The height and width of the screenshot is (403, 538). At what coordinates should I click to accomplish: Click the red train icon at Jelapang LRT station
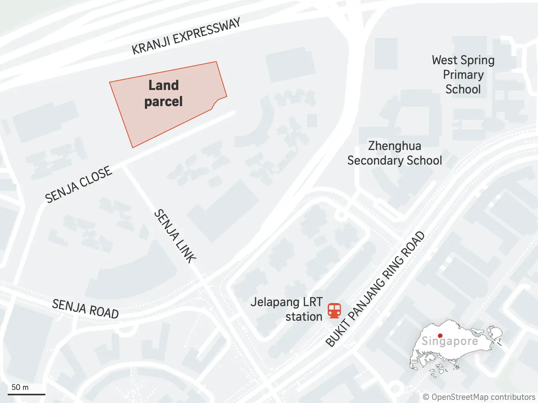pyautogui.click(x=334, y=310)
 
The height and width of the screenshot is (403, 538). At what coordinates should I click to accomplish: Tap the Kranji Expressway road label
pyautogui.click(x=186, y=37)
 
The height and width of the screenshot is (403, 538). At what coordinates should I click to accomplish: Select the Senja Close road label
pyautogui.click(x=78, y=184)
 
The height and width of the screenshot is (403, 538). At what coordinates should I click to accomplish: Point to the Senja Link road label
pyautogui.click(x=175, y=236)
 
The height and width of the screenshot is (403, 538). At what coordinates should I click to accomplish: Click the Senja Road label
pyautogui.click(x=85, y=309)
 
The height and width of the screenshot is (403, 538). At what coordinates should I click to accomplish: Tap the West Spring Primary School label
pyautogui.click(x=463, y=75)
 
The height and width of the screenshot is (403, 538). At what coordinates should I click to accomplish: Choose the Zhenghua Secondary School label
pyautogui.click(x=395, y=153)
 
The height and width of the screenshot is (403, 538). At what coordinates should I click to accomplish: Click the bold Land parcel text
pyautogui.click(x=164, y=93)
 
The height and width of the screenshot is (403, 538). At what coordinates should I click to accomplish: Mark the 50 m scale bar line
pyautogui.click(x=27, y=394)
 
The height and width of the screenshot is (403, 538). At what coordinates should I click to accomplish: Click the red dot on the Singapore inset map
pyautogui.click(x=440, y=336)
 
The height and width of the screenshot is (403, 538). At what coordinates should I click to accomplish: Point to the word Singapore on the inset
pyautogui.click(x=450, y=341)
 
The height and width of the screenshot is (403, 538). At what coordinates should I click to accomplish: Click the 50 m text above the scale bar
pyautogui.click(x=20, y=387)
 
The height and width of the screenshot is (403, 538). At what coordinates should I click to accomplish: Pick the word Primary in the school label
pyautogui.click(x=463, y=75)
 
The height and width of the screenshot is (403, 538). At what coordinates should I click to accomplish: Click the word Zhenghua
pyautogui.click(x=395, y=146)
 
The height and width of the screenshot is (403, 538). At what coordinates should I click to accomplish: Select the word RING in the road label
pyautogui.click(x=393, y=266)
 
